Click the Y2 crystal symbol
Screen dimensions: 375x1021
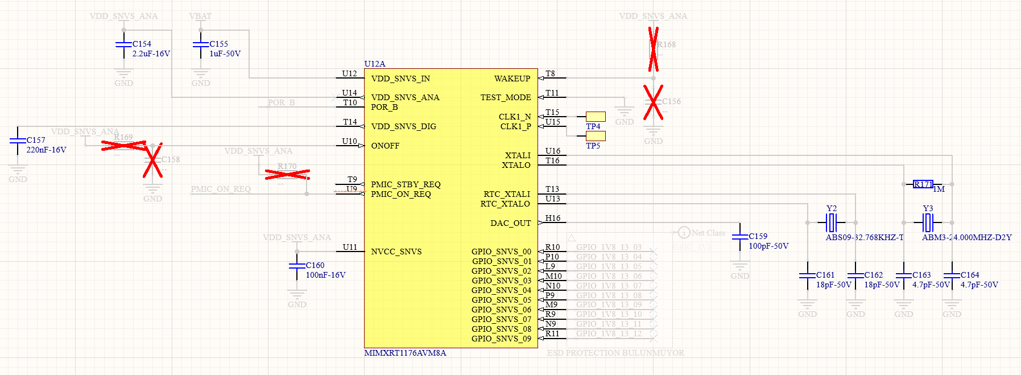[832, 222]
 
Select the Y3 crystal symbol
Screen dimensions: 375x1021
[928, 222]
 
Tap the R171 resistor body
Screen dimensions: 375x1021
[923, 184]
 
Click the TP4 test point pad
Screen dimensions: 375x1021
[596, 117]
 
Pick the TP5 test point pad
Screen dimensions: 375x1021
[596, 136]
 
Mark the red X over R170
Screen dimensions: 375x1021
[287, 174]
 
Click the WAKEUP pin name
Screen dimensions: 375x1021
[512, 79]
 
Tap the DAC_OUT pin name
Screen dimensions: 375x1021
[510, 223]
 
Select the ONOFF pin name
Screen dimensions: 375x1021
[385, 146]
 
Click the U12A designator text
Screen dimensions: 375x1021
[375, 64]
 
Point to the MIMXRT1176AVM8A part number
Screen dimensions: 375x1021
[405, 353]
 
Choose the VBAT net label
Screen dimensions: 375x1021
[200, 16]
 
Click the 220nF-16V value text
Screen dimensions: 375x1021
[46, 150]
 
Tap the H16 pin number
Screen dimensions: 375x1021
[553, 218]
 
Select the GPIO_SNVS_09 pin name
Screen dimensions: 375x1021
[501, 339]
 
